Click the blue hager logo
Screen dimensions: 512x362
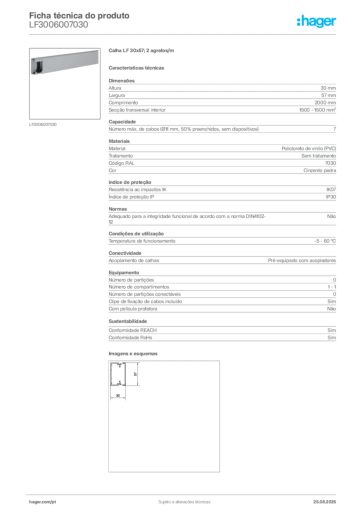(x=317, y=22)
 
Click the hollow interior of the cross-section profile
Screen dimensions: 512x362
(x=119, y=375)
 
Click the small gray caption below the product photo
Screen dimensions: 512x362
(x=43, y=124)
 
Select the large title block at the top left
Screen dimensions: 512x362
(x=80, y=19)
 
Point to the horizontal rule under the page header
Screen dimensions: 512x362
(x=184, y=34)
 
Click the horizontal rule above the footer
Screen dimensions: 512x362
(x=184, y=493)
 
